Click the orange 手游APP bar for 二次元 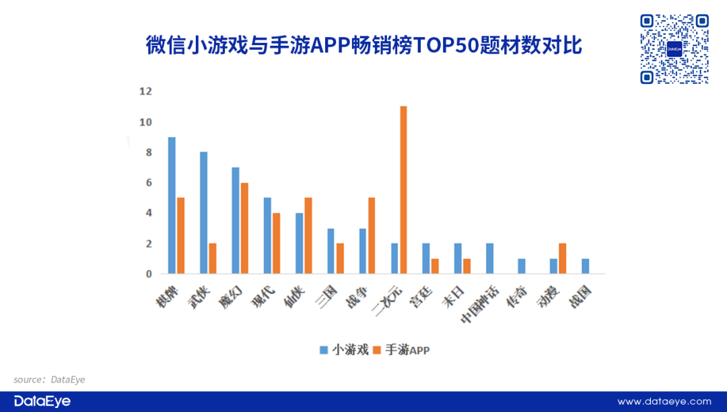(x=404, y=190)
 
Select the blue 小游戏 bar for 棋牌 (x=172, y=205)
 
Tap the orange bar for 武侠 (x=213, y=258)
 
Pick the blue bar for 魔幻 (x=236, y=220)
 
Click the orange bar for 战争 (x=372, y=235)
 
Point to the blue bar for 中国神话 (x=489, y=258)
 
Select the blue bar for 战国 (x=586, y=266)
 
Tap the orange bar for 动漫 (x=563, y=258)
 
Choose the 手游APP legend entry (x=401, y=349)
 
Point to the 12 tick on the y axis (x=145, y=91)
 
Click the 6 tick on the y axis (x=148, y=183)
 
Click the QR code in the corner (x=674, y=49)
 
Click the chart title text (x=363, y=45)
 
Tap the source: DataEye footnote (x=49, y=380)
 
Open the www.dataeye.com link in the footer (x=664, y=401)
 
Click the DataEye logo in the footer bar (x=42, y=401)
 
